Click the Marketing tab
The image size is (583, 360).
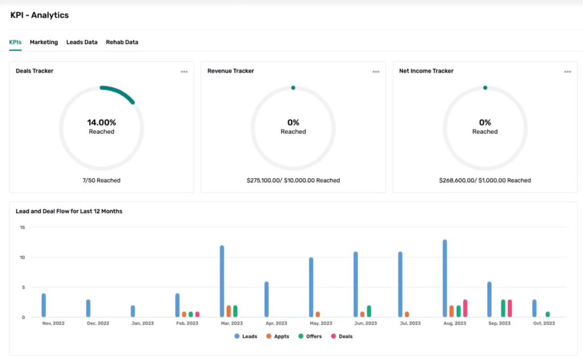[44, 42]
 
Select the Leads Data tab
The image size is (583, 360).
[81, 42]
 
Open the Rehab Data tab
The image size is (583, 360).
[122, 42]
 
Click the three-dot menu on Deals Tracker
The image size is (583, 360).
[184, 72]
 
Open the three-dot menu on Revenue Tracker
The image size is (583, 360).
[376, 72]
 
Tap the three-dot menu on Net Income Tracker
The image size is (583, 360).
[568, 72]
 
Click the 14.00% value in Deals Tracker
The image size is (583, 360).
[101, 122]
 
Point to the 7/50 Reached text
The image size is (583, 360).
[101, 181]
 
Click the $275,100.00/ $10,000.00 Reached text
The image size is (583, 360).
[293, 181]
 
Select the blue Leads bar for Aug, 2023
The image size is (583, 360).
[445, 279]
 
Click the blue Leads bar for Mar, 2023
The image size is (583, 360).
[222, 281]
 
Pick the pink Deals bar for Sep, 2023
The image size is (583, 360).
[510, 308]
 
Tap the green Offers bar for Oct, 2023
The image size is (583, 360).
[548, 314]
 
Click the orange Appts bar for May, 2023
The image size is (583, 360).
[318, 314]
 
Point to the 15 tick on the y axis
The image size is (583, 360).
[22, 227]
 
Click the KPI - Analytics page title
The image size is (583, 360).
[39, 15]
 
